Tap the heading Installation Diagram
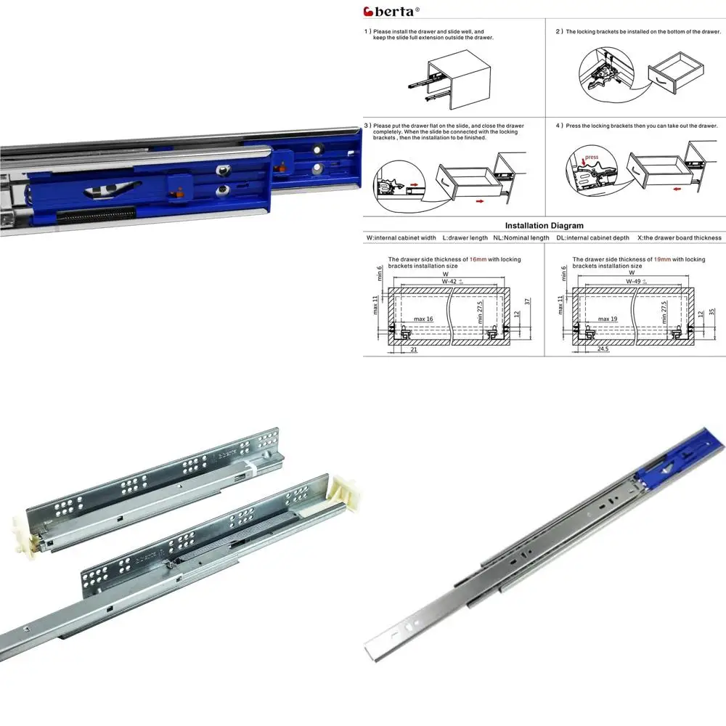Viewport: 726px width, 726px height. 544,226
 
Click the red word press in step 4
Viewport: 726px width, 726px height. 592,157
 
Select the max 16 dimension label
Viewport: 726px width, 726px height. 423,319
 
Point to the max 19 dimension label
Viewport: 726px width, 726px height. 606,319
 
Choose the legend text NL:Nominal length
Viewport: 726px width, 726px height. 521,238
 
